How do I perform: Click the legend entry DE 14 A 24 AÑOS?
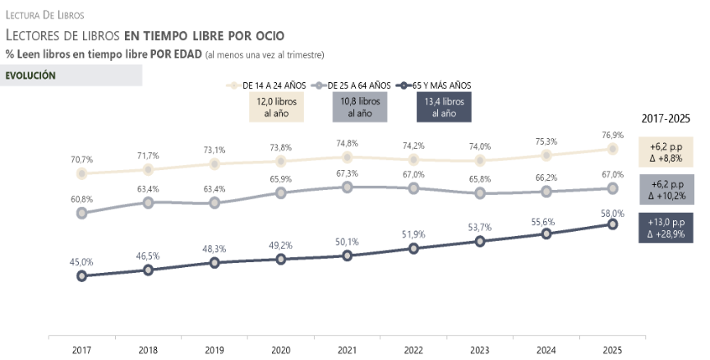pyautogui.click(x=276, y=85)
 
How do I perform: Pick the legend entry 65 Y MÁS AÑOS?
pyautogui.click(x=439, y=85)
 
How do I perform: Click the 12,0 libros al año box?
pyautogui.click(x=276, y=107)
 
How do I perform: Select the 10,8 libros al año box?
pyautogui.click(x=359, y=107)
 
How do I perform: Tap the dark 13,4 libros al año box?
pyautogui.click(x=444, y=107)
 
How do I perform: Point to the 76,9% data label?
pyautogui.click(x=612, y=135)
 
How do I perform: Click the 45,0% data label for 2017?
pyautogui.click(x=81, y=262)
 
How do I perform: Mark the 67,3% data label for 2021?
pyautogui.click(x=347, y=173)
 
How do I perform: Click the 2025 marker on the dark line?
pyautogui.click(x=612, y=224)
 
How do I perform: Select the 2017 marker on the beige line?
pyautogui.click(x=81, y=173)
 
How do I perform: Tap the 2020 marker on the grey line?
pyautogui.click(x=280, y=192)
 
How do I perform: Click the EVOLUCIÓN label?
pyautogui.click(x=30, y=75)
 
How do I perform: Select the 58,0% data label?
pyautogui.click(x=612, y=213)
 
